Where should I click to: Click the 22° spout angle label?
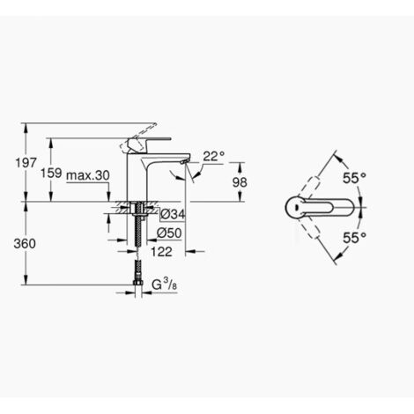point(214,156)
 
